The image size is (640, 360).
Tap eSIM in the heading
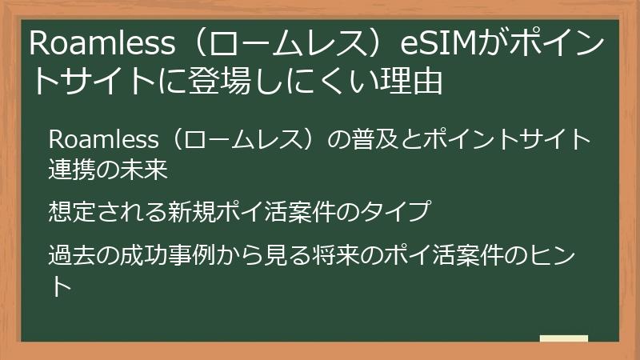[x=439, y=45]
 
